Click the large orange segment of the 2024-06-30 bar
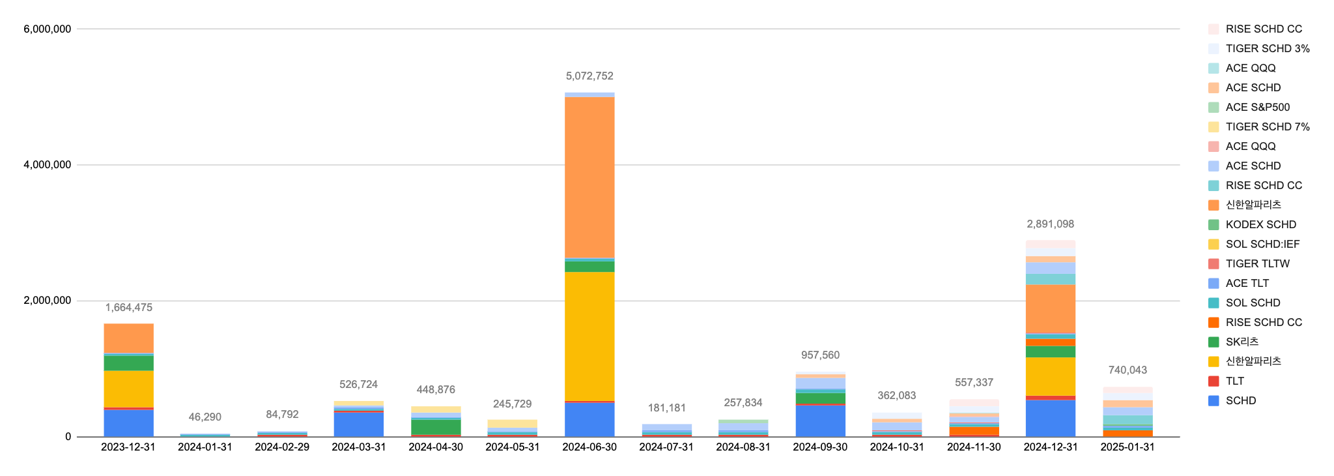coord(589,177)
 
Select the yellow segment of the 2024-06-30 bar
coord(589,336)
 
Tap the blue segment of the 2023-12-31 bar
coord(128,423)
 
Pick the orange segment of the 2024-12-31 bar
coord(1050,309)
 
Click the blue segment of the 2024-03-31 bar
coord(359,424)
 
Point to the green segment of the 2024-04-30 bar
coord(436,427)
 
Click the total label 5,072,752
coord(589,76)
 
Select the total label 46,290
coord(205,417)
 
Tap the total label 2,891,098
coord(1050,224)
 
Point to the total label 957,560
coord(820,355)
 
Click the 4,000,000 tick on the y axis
coord(48,165)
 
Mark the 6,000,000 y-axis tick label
coord(48,29)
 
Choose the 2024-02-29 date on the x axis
coord(282,447)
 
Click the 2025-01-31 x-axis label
coord(1127,447)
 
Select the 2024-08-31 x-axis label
coord(743,447)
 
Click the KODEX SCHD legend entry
coord(1260,224)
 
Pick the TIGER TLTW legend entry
coord(1257,263)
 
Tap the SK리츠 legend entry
coord(1242,342)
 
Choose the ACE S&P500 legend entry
coord(1257,107)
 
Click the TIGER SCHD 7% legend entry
coord(1267,126)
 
